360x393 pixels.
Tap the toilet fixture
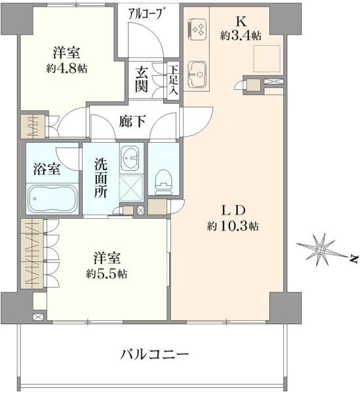coord(163,182)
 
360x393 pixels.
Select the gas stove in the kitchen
coord(197,29)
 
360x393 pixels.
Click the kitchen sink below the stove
coord(197,75)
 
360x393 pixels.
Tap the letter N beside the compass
coord(353,259)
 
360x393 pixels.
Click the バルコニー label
coord(154,354)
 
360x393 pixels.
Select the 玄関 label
coord(141,80)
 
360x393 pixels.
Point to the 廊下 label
coord(132,122)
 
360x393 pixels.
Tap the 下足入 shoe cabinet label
coord(173,80)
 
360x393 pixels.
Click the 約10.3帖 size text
coord(233,227)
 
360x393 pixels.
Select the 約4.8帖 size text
coord(66,68)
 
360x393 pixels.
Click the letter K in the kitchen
coord(241,22)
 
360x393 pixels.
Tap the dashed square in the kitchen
coord(266,59)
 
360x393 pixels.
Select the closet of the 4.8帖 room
coord(33,126)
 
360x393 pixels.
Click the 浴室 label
coord(47,169)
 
